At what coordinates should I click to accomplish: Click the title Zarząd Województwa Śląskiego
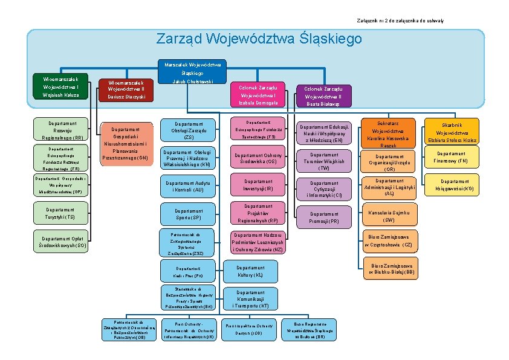(259, 39)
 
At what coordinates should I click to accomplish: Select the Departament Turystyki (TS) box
(54, 213)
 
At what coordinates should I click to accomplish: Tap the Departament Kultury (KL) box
(250, 271)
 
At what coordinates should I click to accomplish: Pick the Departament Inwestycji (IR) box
(258, 185)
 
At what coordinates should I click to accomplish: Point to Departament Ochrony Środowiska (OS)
(258, 158)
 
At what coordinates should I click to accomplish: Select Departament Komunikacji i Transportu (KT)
(250, 299)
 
